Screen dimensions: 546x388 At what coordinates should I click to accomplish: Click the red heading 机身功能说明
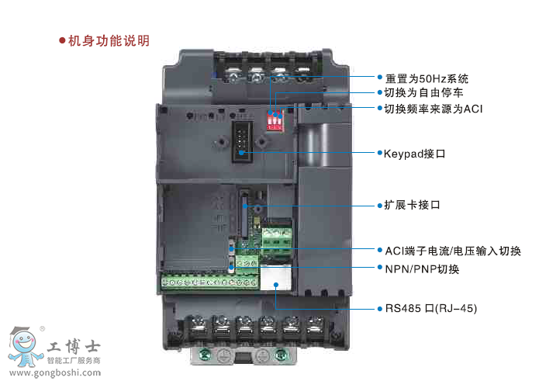coord(109,41)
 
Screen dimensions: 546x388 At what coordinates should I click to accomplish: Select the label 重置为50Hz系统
coord(427,78)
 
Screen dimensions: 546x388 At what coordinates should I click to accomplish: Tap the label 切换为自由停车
coord(423,92)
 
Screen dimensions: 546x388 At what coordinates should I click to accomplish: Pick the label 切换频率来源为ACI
coord(434,109)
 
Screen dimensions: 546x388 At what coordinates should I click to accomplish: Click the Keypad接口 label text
coord(414,154)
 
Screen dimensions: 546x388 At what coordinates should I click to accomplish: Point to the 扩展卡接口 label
coord(412,205)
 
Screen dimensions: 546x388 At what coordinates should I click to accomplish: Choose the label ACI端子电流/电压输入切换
coord(453,251)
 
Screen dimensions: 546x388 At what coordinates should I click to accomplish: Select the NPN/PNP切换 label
coord(422,268)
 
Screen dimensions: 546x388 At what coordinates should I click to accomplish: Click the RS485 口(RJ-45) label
coord(431,308)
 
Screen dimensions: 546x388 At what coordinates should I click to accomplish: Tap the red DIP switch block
coord(275,120)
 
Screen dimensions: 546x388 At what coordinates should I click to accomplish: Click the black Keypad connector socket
coord(242,141)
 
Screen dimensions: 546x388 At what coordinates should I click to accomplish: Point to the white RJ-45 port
coord(275,278)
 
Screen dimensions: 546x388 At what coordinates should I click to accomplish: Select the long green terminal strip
coord(210,282)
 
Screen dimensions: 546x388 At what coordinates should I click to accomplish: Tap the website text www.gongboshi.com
coord(55,372)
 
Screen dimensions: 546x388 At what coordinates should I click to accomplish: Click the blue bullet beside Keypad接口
coord(380,153)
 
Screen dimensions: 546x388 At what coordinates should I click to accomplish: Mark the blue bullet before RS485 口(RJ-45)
coord(380,309)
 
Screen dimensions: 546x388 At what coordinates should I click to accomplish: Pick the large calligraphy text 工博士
coord(74,346)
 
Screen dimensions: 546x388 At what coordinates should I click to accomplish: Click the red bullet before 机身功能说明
coord(62,41)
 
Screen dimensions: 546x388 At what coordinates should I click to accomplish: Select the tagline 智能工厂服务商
coord(74,360)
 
